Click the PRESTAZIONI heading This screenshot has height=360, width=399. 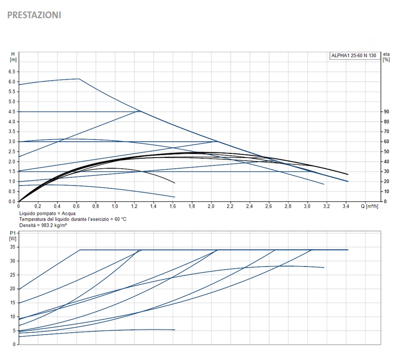point(34,15)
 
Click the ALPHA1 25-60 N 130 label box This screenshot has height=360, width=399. point(353,56)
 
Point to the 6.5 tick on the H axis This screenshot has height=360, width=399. point(12,72)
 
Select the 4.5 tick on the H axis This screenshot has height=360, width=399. point(12,112)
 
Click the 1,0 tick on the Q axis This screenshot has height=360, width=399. point(115,207)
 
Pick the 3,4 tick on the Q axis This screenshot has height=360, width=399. point(346,207)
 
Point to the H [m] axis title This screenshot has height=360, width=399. point(13,57)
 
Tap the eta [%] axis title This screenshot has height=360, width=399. point(386,57)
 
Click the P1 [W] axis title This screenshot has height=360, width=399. point(12,235)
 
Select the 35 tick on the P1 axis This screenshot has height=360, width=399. point(13,247)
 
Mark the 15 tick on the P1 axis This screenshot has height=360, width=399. point(13,302)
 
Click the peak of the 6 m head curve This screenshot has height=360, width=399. point(79,79)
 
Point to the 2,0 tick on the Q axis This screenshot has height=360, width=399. point(211,207)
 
